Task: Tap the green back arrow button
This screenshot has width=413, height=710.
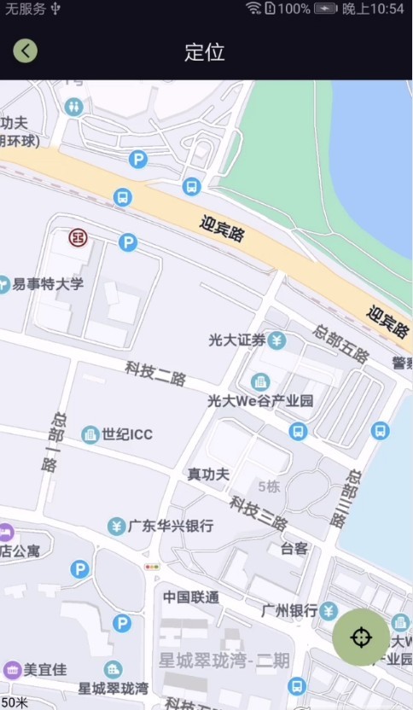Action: [x=26, y=51]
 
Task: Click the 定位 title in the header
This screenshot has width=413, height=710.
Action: [x=205, y=52]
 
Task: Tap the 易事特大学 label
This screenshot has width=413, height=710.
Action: [x=48, y=284]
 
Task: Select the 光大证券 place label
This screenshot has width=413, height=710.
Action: [x=238, y=340]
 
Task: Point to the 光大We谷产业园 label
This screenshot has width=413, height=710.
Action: [x=261, y=400]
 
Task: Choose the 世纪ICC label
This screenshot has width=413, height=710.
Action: [x=127, y=435]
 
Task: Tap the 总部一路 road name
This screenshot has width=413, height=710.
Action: [x=52, y=442]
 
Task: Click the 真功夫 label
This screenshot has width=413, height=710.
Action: [x=208, y=474]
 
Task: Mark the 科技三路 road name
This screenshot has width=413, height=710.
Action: [x=259, y=512]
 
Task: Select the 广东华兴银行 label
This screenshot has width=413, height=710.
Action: [x=170, y=526]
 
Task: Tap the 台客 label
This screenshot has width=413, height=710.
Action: [x=294, y=548]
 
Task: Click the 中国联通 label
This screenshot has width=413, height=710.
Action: [x=190, y=597]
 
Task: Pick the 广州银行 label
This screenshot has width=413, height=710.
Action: [x=290, y=610]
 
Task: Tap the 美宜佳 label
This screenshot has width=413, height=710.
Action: [x=45, y=669]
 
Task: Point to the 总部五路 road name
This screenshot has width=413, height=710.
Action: [x=341, y=344]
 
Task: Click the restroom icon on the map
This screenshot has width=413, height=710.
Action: [x=75, y=106]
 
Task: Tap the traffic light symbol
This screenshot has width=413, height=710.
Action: [x=152, y=567]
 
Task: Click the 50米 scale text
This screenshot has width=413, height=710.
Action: [x=15, y=702]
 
